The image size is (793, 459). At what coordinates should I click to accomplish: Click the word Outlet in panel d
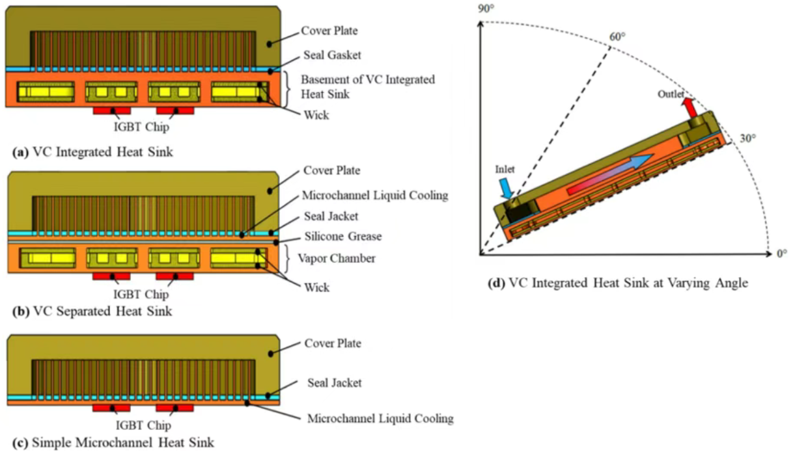(x=671, y=95)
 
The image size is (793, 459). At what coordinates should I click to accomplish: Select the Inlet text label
(x=504, y=170)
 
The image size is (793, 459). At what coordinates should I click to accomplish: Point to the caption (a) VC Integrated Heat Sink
(x=93, y=152)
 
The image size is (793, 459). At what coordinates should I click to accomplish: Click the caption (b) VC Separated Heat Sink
(x=92, y=311)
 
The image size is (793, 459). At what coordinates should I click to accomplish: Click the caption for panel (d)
(x=617, y=283)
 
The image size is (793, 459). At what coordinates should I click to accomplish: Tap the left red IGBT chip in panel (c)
(x=111, y=408)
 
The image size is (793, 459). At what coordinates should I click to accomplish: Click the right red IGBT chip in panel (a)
(x=174, y=111)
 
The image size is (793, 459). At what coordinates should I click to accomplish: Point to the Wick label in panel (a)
(x=316, y=115)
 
